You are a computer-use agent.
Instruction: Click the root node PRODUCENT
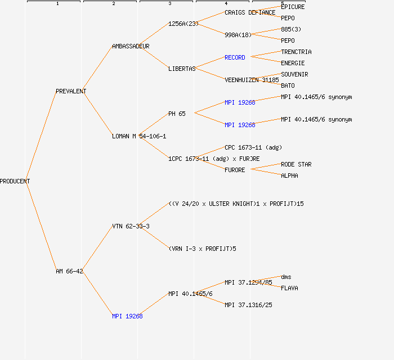pos(15,181)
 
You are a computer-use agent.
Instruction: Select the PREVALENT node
pos(71,91)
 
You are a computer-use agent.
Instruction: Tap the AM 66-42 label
pos(69,271)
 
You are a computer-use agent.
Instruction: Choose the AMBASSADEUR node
pos(131,46)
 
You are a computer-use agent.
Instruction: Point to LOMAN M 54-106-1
pos(139,136)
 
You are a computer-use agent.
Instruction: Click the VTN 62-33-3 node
pos(131,226)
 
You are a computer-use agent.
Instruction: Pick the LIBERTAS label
pos(182,69)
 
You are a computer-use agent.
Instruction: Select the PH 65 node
pos(177,114)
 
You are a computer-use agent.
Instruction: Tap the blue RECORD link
pos(235,57)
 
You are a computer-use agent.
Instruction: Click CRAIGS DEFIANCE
pos(250,12)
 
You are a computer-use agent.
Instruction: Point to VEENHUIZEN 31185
pos(252,80)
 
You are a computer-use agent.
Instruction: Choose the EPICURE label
pos(293,7)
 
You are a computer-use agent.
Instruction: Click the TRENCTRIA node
pos(296,52)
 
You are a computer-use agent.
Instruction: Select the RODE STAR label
pos(296,164)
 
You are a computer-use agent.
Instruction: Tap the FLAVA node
pos(289,288)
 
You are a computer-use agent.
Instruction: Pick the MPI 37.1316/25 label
pos(248,305)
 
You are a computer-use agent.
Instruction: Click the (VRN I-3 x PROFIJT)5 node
pos(202,249)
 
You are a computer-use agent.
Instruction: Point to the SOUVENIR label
pos(294,74)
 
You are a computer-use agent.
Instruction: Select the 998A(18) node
pos(238,35)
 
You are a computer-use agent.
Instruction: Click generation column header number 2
pos(113,4)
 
